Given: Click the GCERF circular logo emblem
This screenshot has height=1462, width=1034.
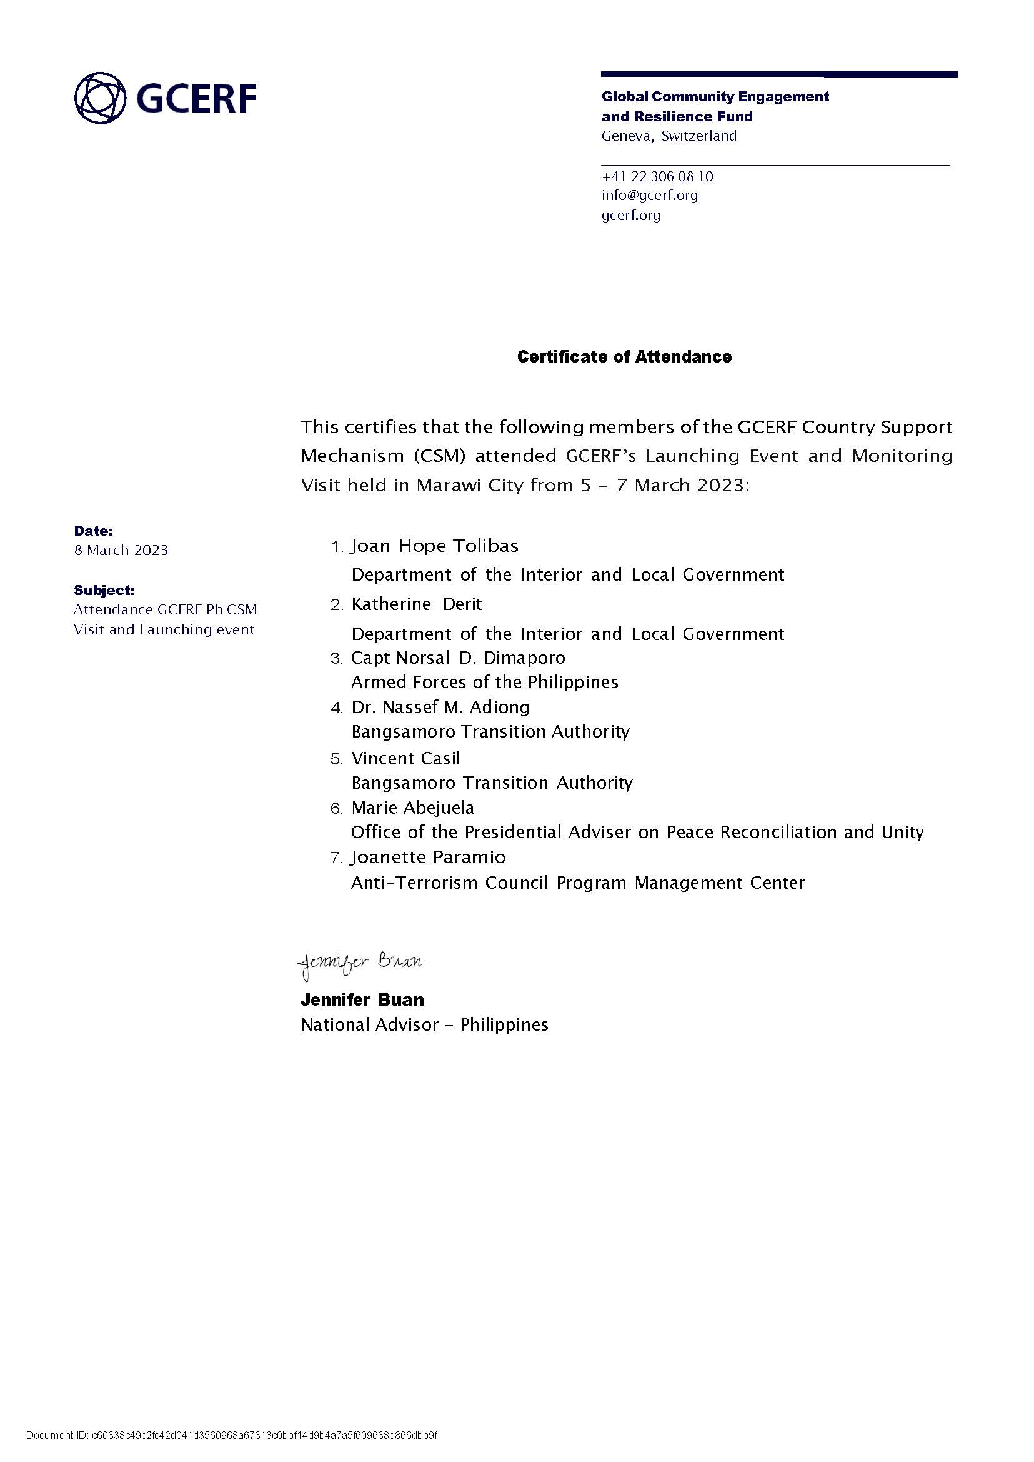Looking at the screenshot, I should point(100,98).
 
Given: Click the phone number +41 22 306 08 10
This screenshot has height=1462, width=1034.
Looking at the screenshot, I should point(657,176).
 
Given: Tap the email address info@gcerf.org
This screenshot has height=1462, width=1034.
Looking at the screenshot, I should point(649,196).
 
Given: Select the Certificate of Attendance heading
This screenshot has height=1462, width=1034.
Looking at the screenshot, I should point(624,357).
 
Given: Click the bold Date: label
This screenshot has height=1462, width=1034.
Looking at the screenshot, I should point(94,531).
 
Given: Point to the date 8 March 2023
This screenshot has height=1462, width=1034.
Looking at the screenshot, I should point(121,551).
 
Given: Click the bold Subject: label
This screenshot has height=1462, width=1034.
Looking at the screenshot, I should point(104,590).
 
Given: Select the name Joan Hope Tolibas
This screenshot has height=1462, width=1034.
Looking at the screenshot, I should point(435,546).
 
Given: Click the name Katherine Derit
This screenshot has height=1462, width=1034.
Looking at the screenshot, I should point(416,604).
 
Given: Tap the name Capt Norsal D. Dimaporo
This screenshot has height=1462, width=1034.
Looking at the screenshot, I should point(458,658).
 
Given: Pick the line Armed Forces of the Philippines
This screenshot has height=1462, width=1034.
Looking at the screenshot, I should point(485,683).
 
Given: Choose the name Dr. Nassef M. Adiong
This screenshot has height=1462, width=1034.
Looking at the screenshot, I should point(440,707).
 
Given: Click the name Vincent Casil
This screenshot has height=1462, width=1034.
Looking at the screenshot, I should point(405,758).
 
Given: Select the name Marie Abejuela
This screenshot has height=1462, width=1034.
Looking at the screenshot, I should point(412,808).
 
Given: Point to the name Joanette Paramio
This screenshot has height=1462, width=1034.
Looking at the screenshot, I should point(429,858).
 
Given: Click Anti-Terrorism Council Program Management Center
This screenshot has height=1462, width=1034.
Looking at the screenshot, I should point(577,883).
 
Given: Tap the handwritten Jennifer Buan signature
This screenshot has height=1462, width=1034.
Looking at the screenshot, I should point(360,963).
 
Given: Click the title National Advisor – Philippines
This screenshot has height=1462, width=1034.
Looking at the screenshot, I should point(425,1025).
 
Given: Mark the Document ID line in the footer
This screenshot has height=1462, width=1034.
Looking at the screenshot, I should point(232,1436).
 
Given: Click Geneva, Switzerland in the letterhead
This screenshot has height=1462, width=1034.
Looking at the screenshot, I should point(669,136).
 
